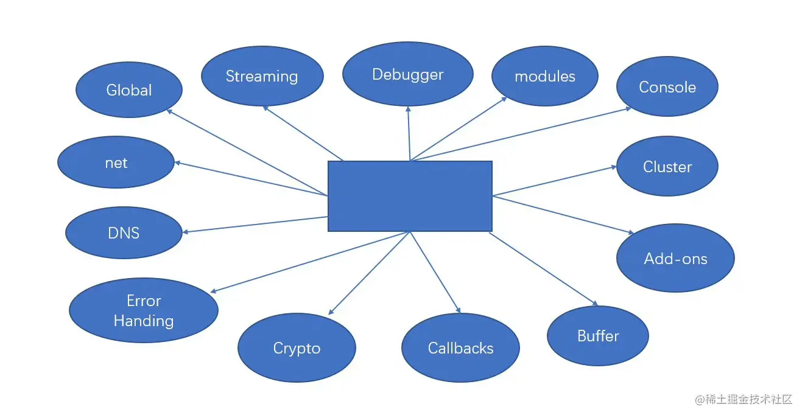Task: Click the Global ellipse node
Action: (x=128, y=90)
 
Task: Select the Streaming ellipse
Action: (x=262, y=76)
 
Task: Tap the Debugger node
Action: (x=407, y=75)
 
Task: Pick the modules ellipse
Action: (x=544, y=76)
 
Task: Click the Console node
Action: (x=667, y=87)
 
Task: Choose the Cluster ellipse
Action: (x=667, y=167)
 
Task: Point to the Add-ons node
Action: (x=675, y=259)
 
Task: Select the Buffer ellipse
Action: (x=597, y=336)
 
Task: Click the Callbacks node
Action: (x=460, y=348)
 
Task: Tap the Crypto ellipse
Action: (x=297, y=348)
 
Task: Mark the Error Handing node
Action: (x=144, y=310)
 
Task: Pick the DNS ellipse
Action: (x=124, y=233)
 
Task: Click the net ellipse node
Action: (x=116, y=163)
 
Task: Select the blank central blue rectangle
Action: (x=410, y=196)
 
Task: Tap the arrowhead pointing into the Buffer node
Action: (x=593, y=302)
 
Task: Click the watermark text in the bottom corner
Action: (x=743, y=400)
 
